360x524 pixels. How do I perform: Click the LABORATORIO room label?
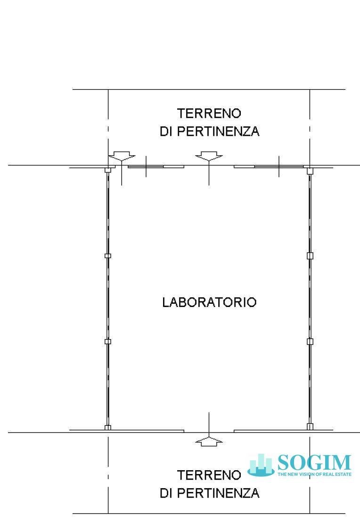point(209,302)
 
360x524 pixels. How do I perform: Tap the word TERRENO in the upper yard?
point(209,114)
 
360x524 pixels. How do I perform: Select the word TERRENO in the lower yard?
point(209,475)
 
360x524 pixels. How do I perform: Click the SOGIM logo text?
point(314,462)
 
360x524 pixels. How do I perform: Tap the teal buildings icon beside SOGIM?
point(261,465)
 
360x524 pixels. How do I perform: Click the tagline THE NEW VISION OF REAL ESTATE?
point(314,474)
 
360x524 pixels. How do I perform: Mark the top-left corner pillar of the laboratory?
point(107,170)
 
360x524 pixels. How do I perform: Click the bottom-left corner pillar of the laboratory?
point(107,427)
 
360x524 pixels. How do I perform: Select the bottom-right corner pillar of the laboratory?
point(310,427)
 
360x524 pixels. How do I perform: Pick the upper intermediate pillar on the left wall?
point(107,256)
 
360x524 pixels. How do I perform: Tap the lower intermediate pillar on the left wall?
point(107,341)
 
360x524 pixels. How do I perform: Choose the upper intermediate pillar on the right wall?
point(310,256)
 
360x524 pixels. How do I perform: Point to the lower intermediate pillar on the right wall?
point(310,341)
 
